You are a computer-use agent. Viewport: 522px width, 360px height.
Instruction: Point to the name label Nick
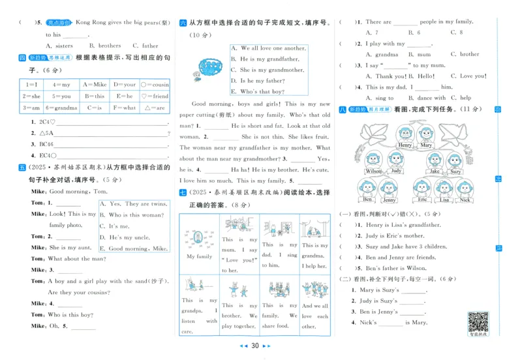(x=465, y=200)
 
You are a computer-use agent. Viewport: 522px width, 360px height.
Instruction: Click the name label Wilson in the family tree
(x=374, y=172)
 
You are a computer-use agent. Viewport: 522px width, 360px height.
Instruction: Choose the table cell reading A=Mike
(x=95, y=84)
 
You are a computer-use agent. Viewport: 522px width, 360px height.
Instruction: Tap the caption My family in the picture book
(x=200, y=256)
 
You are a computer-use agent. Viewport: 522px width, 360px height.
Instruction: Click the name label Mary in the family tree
(x=426, y=145)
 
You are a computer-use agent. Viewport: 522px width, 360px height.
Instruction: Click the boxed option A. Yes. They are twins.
(x=134, y=203)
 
